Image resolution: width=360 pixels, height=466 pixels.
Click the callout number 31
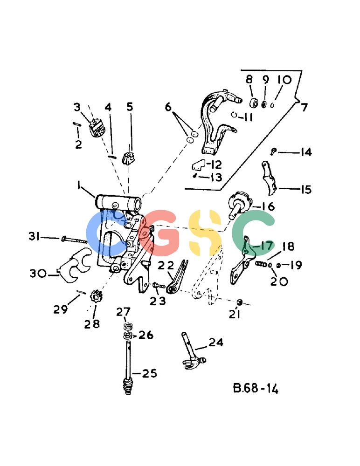(35, 236)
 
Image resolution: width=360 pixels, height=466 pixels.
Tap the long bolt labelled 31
(74, 240)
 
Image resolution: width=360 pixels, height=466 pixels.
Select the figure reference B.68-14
(256, 389)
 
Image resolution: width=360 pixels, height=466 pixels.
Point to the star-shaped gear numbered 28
(96, 297)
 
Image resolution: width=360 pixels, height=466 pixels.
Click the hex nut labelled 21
(239, 302)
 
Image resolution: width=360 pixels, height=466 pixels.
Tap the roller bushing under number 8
(254, 103)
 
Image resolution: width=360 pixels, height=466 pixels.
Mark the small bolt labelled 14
(273, 151)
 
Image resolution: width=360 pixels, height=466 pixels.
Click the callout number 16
(268, 206)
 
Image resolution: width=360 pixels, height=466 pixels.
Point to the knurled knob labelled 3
(97, 129)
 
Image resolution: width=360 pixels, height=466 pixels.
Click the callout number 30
(38, 273)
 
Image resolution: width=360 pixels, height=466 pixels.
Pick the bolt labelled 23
(159, 286)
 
